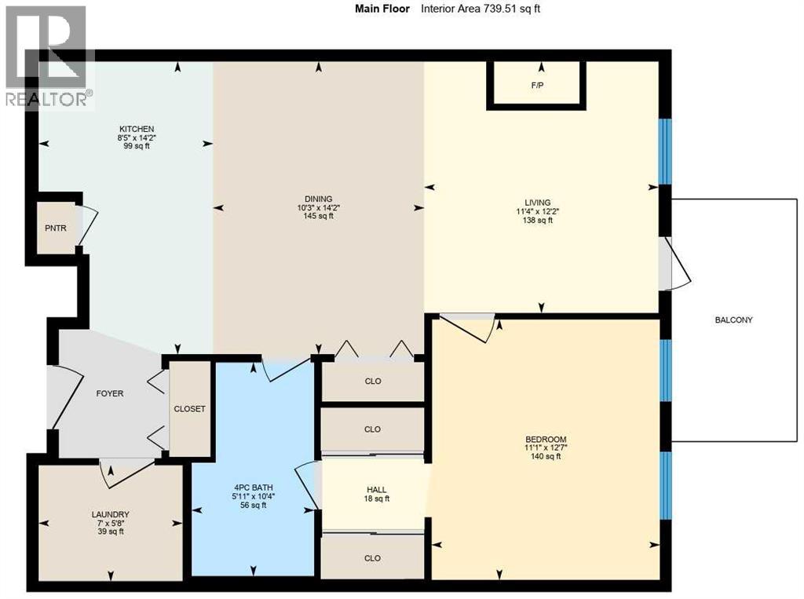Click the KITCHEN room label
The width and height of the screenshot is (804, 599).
(x=136, y=129)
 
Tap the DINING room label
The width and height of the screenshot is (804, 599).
(x=320, y=199)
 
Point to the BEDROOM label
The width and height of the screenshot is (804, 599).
(x=546, y=439)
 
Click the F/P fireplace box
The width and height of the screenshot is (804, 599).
(x=537, y=85)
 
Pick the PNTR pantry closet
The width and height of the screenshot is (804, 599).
(x=56, y=228)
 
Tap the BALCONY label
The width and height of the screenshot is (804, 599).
(x=733, y=320)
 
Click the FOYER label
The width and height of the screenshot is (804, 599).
(x=109, y=393)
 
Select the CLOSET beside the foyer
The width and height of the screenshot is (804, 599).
(x=190, y=409)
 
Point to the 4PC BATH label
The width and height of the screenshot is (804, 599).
(x=253, y=487)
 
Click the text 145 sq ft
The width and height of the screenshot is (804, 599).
(x=320, y=217)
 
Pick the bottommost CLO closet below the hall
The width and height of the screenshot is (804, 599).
(x=373, y=558)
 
